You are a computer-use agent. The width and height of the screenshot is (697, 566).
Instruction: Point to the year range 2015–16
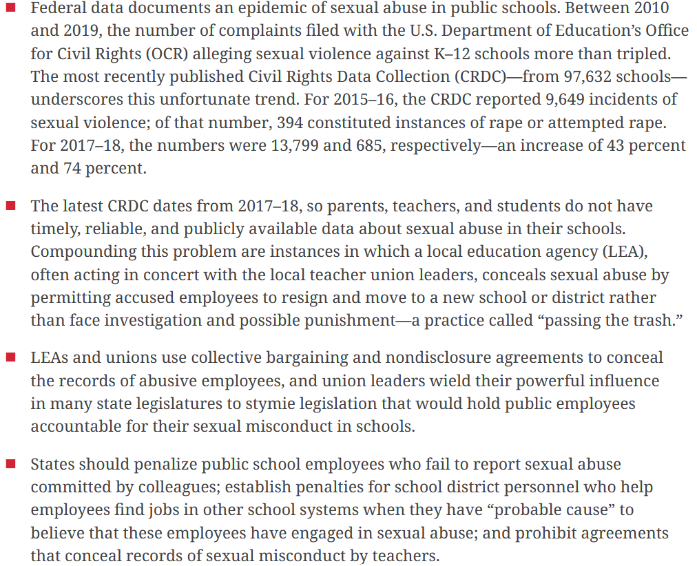[x=364, y=99]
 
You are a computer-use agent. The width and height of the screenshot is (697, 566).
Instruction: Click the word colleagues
[x=176, y=487]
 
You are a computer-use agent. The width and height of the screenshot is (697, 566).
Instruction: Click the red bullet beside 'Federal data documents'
[x=11, y=8]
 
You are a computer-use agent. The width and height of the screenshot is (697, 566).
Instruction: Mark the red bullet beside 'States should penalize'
[x=11, y=464]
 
